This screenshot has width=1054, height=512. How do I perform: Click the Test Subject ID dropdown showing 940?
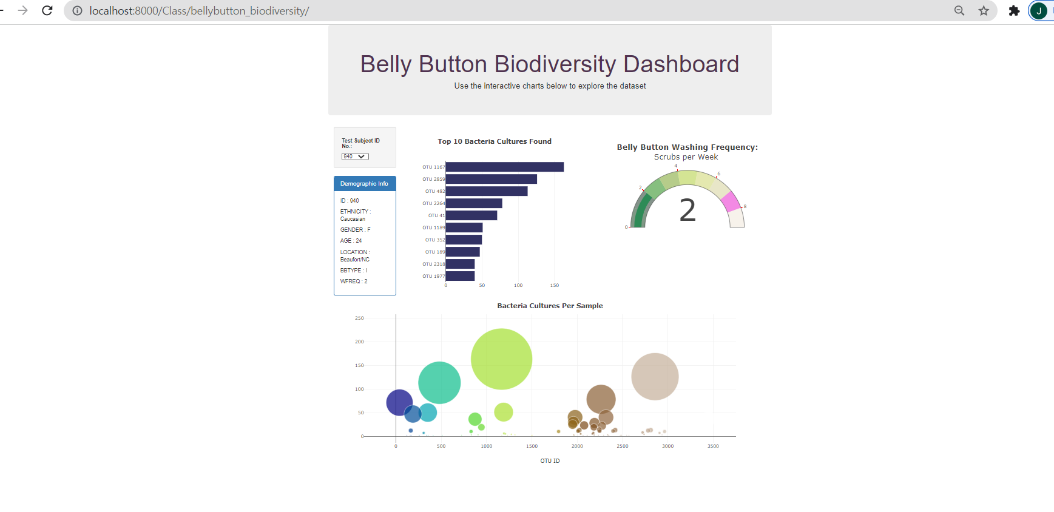coord(355,157)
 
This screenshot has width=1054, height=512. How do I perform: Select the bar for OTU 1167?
coord(504,167)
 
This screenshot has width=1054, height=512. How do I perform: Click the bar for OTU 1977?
coord(460,276)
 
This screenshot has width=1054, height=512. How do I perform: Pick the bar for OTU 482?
coord(486,191)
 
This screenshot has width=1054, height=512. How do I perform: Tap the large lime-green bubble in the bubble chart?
coord(501,359)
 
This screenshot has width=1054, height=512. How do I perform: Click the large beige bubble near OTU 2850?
coord(655,377)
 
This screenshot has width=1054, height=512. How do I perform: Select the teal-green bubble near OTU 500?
coord(439,382)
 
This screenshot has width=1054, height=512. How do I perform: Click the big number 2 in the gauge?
coord(687,211)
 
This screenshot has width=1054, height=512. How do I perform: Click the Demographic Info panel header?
coord(365,184)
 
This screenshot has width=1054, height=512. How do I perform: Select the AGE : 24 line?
coord(351,241)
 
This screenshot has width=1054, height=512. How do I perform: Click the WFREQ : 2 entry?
coord(354,281)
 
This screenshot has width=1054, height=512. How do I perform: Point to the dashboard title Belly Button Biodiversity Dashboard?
coord(550,64)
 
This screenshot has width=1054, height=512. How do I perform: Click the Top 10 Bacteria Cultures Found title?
coord(495,141)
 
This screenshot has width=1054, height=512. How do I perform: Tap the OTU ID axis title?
coord(550,461)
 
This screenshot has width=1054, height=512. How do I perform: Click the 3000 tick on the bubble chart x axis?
coord(667,446)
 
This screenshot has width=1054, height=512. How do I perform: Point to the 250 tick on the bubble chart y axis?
coord(359,318)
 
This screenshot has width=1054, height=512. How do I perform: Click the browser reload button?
coord(47,10)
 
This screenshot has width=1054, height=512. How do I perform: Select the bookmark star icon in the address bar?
coord(984,10)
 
